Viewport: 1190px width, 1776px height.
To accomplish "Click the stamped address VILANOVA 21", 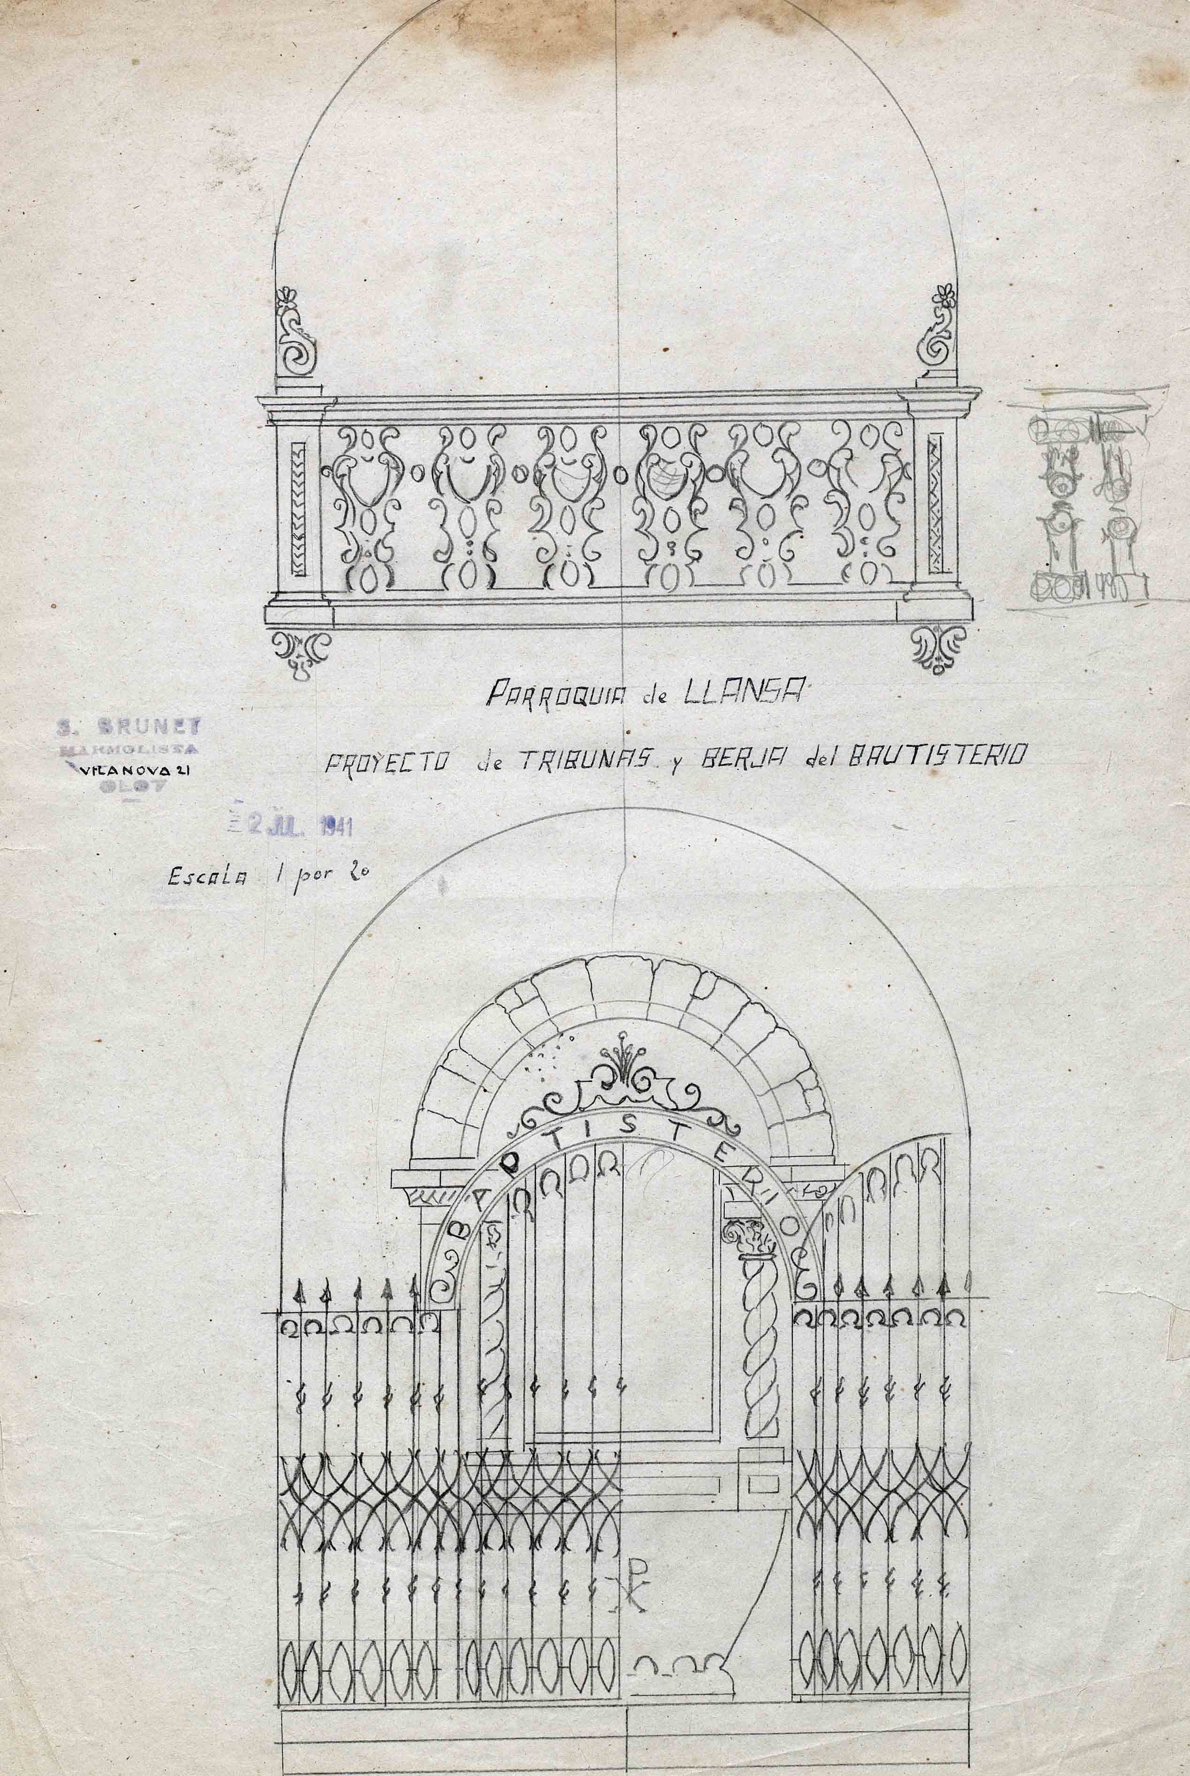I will pyautogui.click(x=136, y=769).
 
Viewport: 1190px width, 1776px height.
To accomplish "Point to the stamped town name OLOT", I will pyautogui.click(x=136, y=786).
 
